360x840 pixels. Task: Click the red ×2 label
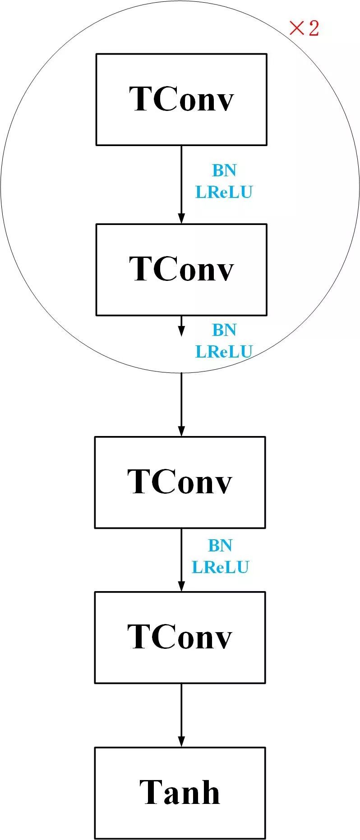(304, 28)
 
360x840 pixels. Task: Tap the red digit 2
(313, 28)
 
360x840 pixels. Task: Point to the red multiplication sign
(296, 28)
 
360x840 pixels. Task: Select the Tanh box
(180, 792)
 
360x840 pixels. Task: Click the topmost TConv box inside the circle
(181, 99)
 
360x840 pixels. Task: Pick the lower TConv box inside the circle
(181, 269)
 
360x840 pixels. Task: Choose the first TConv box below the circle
(180, 482)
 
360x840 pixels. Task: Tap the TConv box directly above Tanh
(180, 637)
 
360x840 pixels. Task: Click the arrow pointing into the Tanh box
(181, 715)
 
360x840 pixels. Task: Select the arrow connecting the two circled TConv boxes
(181, 184)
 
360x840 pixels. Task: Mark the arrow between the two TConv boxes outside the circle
(181, 560)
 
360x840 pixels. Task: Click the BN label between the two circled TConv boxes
(224, 170)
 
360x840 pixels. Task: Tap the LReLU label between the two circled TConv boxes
(224, 192)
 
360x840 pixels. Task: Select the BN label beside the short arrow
(224, 330)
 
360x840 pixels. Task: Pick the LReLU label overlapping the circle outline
(224, 352)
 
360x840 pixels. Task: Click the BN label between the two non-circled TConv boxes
(220, 546)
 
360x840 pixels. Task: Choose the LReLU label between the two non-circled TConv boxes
(220, 567)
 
